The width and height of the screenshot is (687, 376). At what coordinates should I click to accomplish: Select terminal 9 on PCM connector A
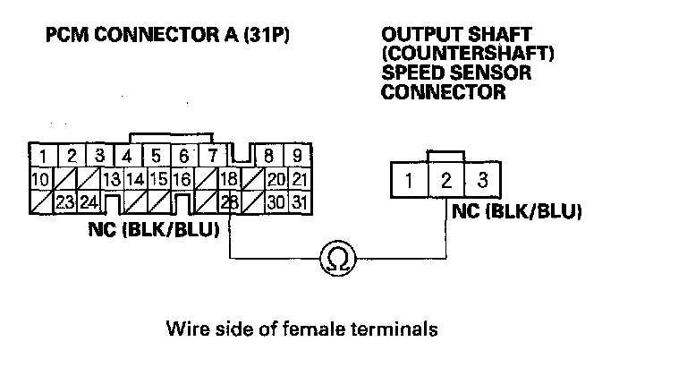click(299, 155)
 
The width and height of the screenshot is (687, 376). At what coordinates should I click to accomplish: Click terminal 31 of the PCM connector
click(299, 201)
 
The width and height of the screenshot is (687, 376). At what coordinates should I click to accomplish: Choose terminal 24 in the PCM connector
click(89, 201)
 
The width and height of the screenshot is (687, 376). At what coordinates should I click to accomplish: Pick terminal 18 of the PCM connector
click(229, 178)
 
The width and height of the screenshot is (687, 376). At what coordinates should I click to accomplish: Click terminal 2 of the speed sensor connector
click(445, 182)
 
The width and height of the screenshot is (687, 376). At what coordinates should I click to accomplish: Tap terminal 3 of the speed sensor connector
click(483, 182)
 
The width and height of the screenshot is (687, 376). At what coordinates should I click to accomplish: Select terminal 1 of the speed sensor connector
click(409, 182)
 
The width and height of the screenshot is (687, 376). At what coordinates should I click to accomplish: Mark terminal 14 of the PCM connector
click(135, 178)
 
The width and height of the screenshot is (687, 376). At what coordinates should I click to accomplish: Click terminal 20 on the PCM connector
click(276, 178)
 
